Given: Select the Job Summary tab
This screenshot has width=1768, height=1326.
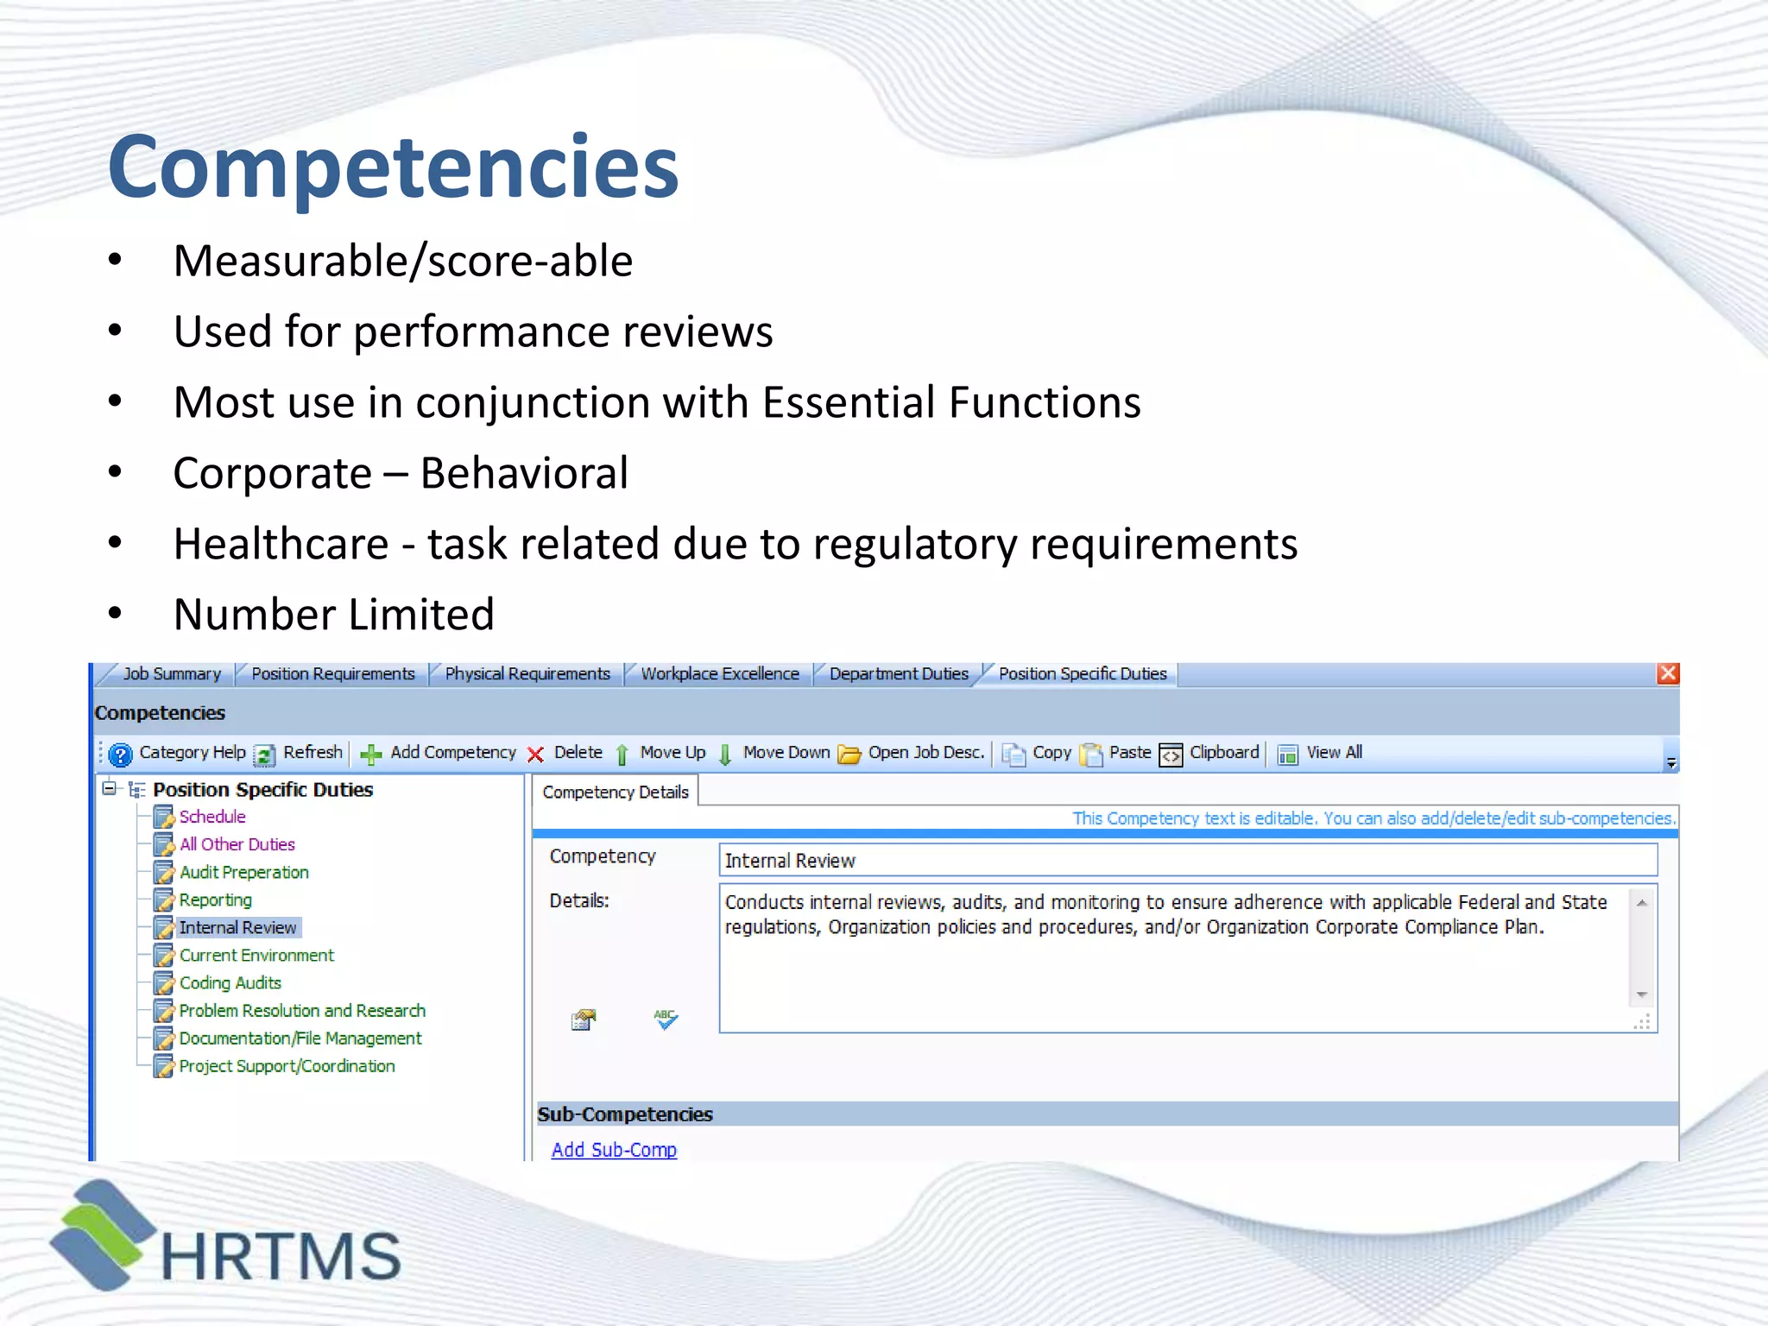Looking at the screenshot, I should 171,674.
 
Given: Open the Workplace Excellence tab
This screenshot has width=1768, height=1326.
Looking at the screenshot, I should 719,674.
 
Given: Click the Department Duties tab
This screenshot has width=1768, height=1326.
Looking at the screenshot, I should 898,674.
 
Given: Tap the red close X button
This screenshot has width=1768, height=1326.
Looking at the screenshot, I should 1668,673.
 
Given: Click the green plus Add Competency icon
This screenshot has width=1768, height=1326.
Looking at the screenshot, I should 371,755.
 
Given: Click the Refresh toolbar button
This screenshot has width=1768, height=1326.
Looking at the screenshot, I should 312,753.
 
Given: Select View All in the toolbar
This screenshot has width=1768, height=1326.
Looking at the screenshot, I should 1333,753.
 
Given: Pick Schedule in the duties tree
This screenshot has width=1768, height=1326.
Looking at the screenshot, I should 212,817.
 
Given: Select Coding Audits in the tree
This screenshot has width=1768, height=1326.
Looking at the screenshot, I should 230,983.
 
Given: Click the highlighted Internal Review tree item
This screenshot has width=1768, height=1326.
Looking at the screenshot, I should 237,928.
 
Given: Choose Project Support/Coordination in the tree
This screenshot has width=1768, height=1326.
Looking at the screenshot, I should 287,1066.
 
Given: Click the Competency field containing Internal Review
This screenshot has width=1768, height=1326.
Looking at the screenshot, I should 1187,861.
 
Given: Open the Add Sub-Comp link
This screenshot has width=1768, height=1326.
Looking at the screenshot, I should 614,1150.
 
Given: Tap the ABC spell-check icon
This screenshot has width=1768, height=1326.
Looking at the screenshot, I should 666,1020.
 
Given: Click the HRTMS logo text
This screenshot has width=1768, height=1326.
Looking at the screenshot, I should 281,1256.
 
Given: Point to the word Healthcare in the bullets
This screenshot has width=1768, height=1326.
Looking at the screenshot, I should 281,544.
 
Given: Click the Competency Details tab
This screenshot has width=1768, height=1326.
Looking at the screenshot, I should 615,792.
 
